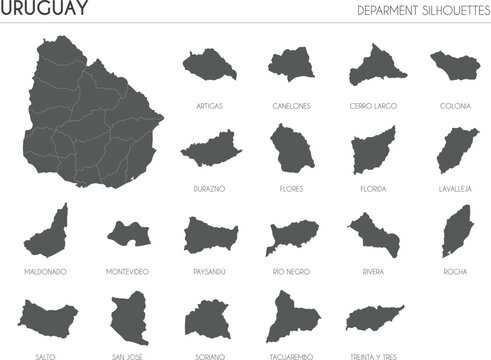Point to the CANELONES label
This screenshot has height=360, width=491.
coord(290,105)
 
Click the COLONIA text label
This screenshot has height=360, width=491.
coord(455,105)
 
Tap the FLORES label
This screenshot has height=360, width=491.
coord(291,187)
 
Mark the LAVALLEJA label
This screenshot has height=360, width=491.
coord(455,187)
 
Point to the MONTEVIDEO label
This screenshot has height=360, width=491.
coord(128,271)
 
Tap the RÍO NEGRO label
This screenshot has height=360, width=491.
coord(291,271)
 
